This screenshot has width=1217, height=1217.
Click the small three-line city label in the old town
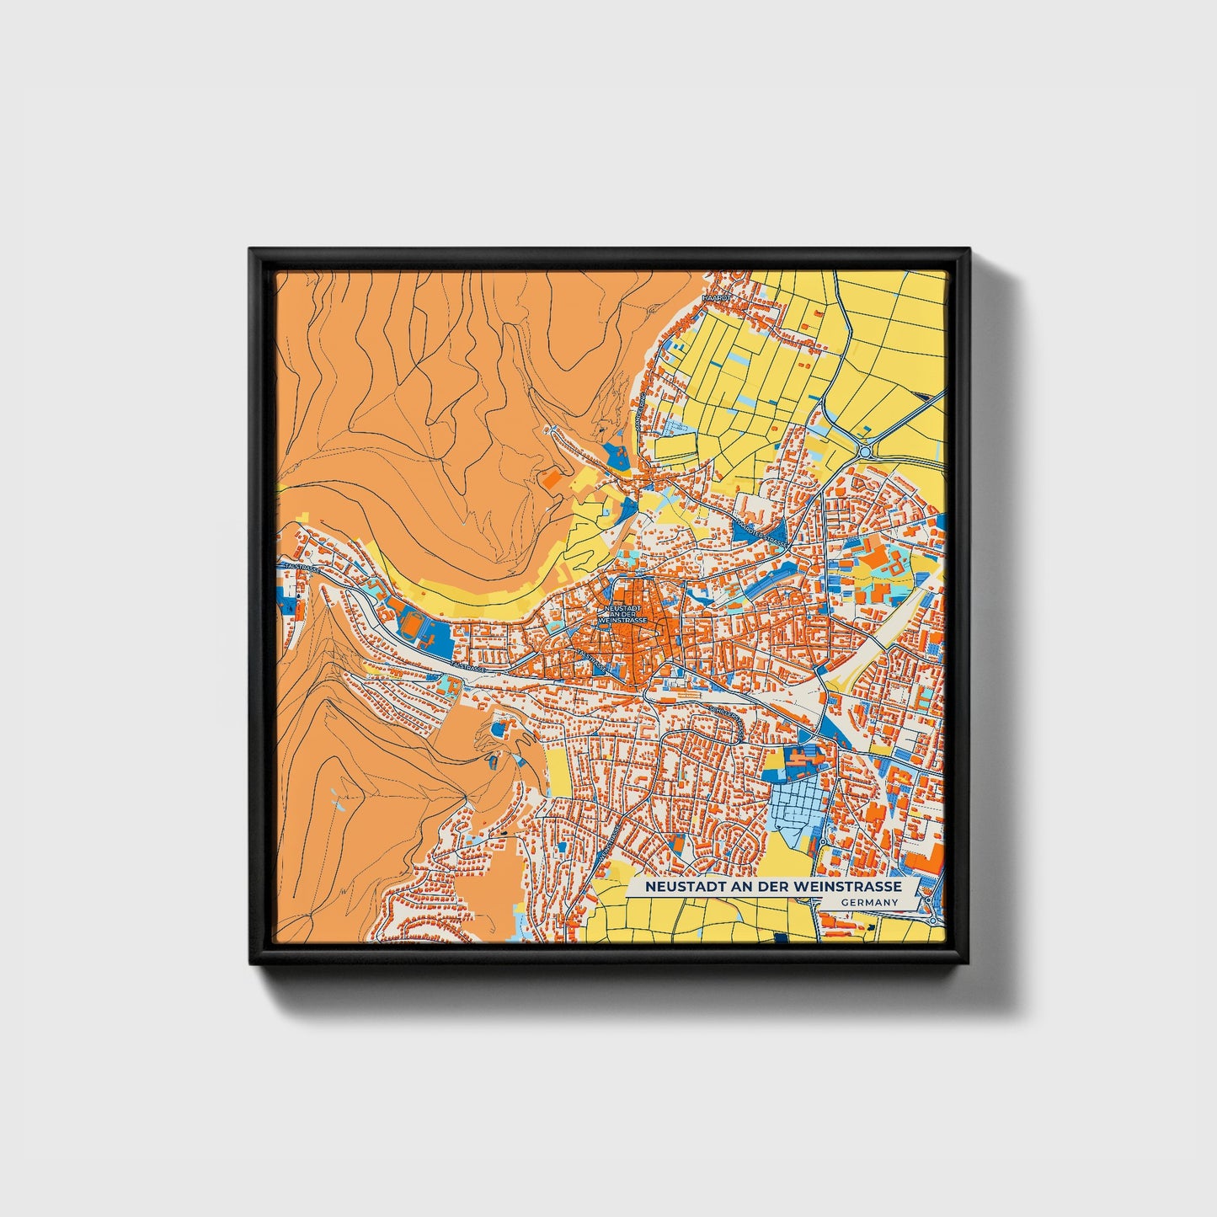pos(623,614)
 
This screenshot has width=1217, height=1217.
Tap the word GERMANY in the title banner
pos(870,902)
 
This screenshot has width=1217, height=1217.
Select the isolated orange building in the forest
pos(551,480)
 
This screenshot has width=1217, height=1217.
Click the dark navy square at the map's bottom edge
pos(780,937)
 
